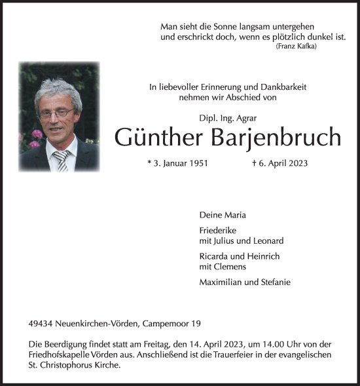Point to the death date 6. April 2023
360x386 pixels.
(279, 163)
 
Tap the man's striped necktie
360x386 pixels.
(62, 159)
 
